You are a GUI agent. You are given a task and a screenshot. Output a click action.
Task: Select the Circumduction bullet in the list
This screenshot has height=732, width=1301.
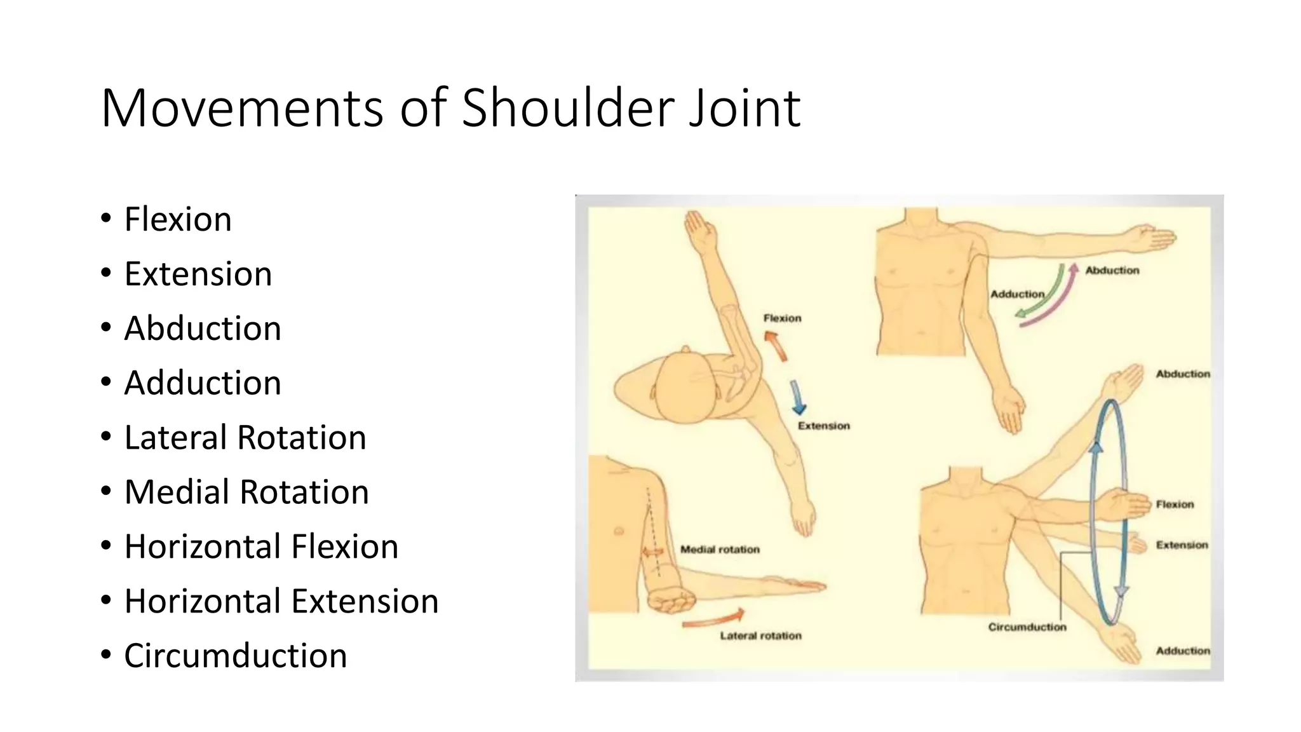[235, 655]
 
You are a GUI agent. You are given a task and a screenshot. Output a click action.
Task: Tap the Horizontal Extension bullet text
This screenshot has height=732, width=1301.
[281, 600]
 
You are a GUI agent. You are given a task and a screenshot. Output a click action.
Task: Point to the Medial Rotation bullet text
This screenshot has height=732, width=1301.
[246, 492]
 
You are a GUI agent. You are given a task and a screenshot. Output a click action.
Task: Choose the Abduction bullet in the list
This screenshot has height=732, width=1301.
[202, 329]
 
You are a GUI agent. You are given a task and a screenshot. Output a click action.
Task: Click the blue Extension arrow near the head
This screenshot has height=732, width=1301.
[797, 398]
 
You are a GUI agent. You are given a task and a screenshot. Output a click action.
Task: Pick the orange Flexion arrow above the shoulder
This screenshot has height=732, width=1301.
[776, 346]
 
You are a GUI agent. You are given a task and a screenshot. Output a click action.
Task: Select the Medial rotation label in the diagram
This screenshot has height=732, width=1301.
[720, 550]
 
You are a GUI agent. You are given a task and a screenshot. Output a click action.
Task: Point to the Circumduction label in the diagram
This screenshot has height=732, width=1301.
[1027, 627]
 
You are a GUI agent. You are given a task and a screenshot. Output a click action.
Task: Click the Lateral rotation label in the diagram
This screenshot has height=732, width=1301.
[760, 636]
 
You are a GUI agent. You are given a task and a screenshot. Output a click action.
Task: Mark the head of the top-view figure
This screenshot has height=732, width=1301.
[685, 388]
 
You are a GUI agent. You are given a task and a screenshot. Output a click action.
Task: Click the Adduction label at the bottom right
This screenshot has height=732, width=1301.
[1182, 651]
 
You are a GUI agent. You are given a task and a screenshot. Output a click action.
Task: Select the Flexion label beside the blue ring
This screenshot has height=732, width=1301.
[1175, 505]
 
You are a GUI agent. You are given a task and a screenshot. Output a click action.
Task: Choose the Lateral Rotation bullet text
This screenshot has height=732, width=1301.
[245, 437]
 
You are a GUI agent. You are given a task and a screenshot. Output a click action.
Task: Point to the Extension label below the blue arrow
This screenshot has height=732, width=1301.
[823, 426]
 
